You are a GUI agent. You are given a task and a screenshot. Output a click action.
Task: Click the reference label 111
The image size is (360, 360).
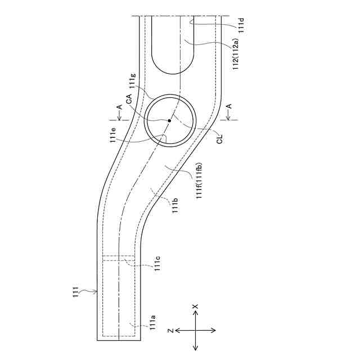tap(76, 292)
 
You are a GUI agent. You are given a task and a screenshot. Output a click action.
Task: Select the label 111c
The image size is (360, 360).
tap(157, 264)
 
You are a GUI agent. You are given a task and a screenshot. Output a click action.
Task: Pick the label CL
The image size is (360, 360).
tap(220, 139)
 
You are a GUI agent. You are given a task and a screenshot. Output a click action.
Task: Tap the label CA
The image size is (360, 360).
tap(129, 99)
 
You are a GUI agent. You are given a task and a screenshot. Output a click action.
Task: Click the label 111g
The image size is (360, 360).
tap(133, 80)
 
